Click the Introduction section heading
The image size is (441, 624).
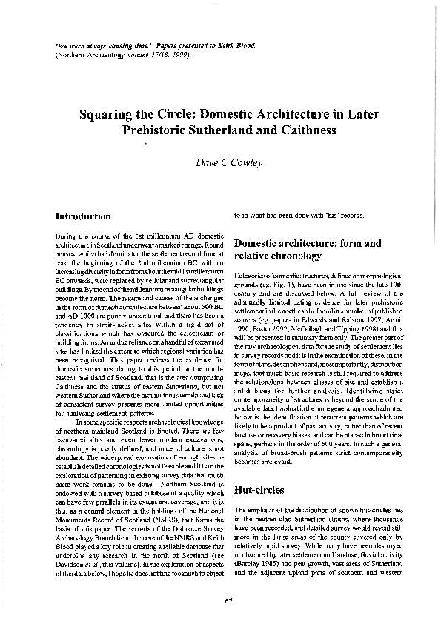(83, 216)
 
